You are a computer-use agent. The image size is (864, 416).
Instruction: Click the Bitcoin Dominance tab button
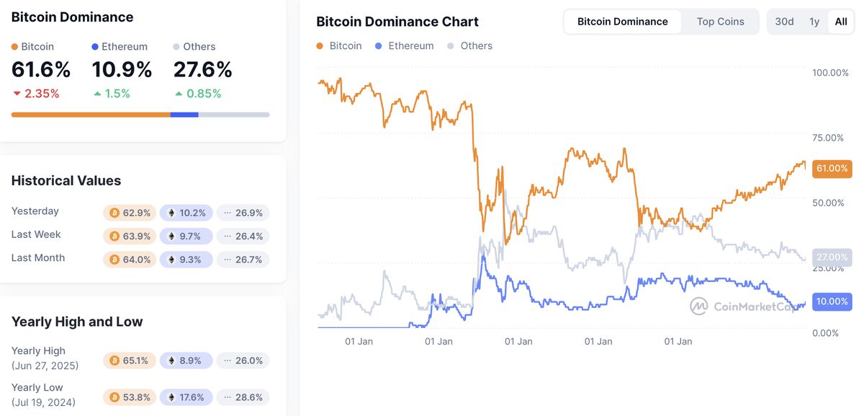click(x=623, y=22)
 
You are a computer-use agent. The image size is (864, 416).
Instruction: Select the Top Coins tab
click(x=720, y=22)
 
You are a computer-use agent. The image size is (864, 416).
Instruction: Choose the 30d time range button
click(x=784, y=22)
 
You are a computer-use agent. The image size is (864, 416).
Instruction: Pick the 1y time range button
click(x=814, y=22)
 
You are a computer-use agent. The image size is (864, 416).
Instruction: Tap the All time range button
click(x=840, y=22)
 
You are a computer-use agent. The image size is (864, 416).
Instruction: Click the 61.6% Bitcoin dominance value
click(x=41, y=70)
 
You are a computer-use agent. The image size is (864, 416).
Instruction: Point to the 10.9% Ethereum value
click(x=122, y=70)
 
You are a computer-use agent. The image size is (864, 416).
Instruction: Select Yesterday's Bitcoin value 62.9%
click(x=130, y=213)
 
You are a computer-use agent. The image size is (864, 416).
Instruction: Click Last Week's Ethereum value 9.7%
click(x=186, y=236)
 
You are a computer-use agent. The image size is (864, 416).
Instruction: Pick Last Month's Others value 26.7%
click(x=243, y=259)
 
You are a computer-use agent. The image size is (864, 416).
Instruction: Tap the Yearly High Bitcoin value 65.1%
click(x=130, y=360)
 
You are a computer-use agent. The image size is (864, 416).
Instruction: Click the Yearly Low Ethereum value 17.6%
click(x=186, y=397)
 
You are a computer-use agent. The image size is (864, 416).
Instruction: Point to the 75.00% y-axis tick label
click(x=828, y=138)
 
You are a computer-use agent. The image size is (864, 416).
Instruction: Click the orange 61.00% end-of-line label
click(x=831, y=169)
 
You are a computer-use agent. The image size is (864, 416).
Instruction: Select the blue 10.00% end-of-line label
click(x=831, y=301)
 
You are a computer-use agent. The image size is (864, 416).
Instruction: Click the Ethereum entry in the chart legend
click(x=410, y=46)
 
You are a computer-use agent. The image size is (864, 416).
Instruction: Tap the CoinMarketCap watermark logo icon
click(x=698, y=306)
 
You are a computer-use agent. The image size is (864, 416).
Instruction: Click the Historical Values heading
click(x=66, y=180)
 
